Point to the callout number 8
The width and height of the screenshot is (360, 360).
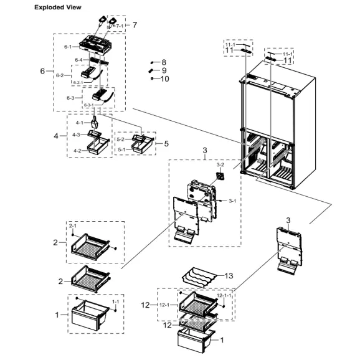coord(164,62)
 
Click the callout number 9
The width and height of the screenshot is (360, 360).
coord(164,70)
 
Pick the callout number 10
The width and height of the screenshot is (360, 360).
coord(164,79)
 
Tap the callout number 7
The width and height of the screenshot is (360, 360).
coord(134,25)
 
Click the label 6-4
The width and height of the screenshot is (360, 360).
coord(79,60)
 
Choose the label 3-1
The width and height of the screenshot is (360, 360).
coord(232,201)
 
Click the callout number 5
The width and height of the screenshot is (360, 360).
coord(166,143)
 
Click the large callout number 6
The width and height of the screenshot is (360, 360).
coord(43,71)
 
